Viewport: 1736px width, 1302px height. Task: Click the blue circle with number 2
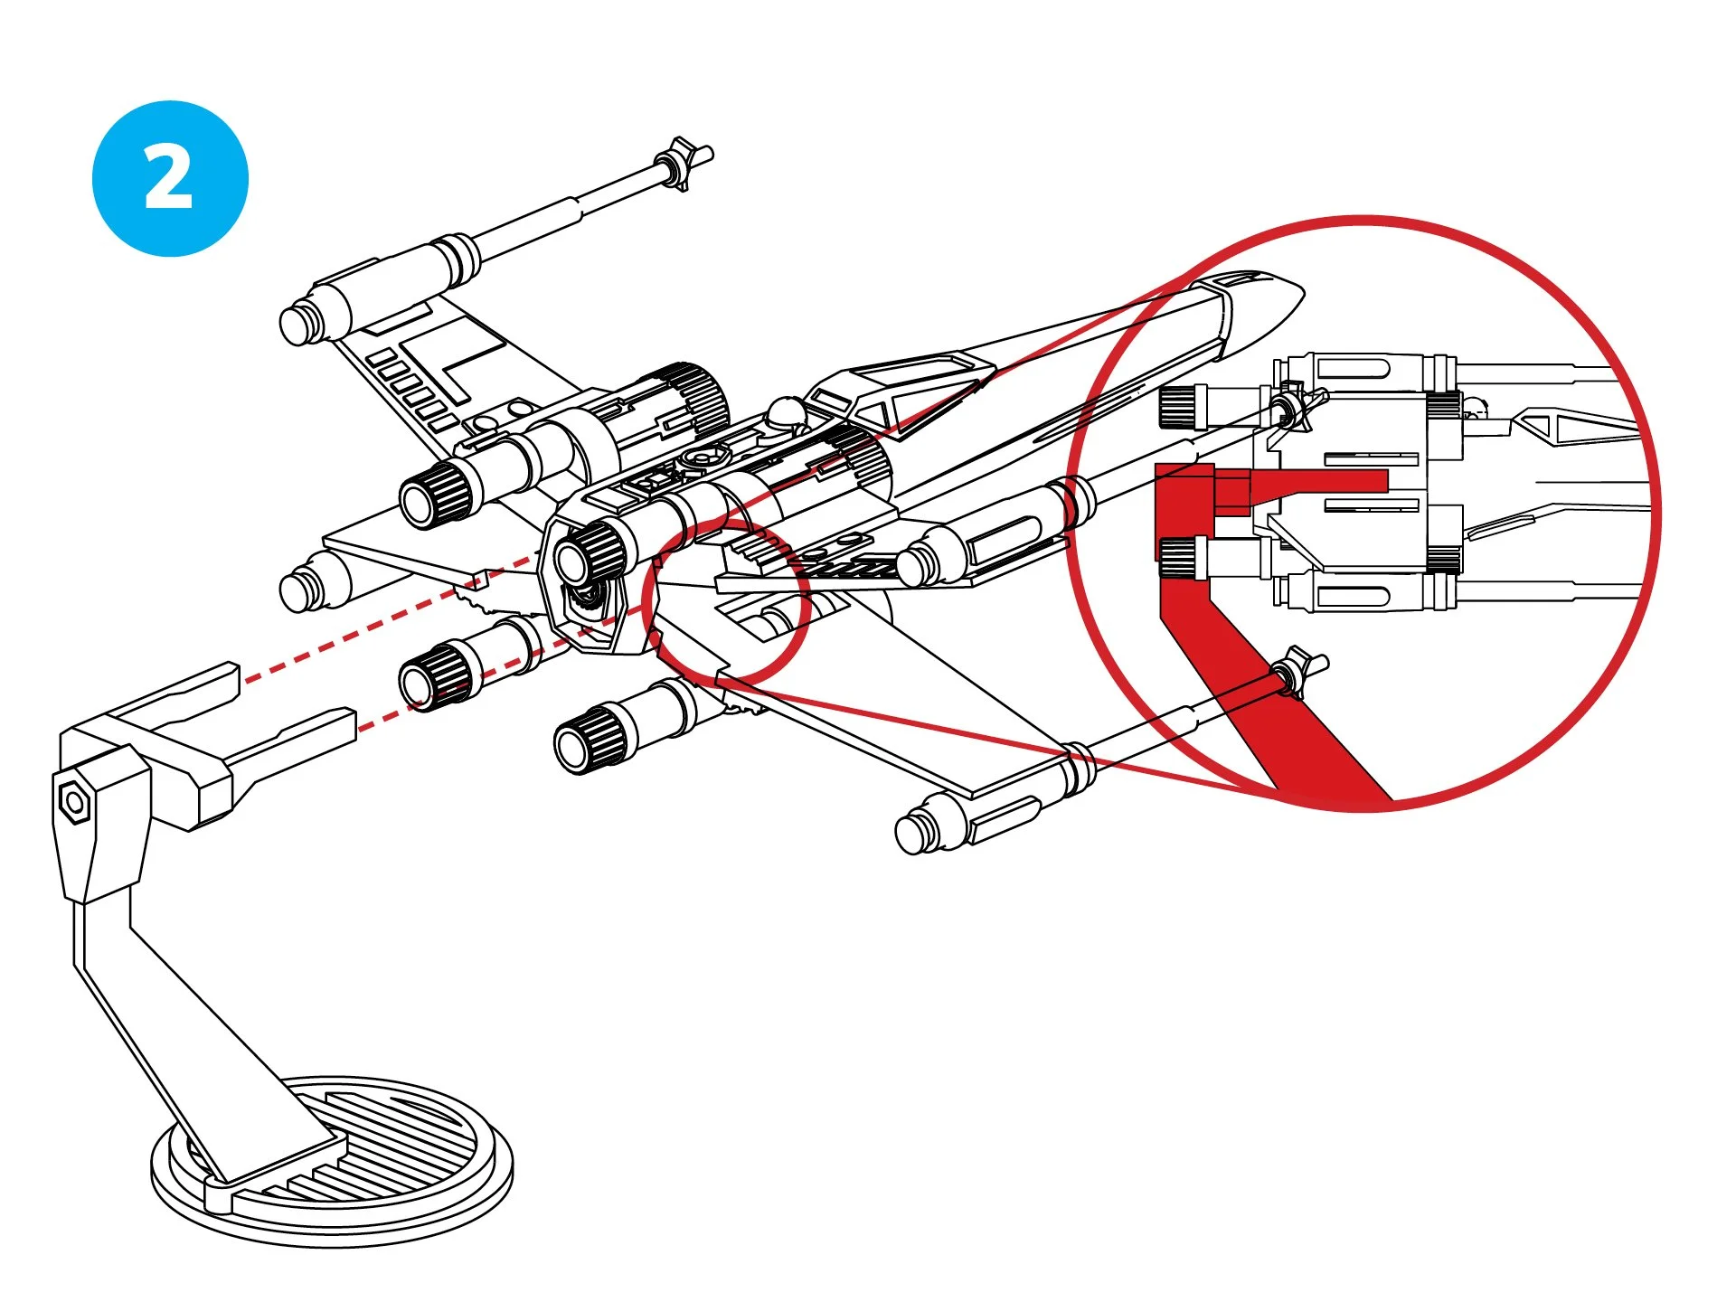(170, 178)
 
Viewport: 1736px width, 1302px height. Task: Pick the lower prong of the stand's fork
(289, 741)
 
